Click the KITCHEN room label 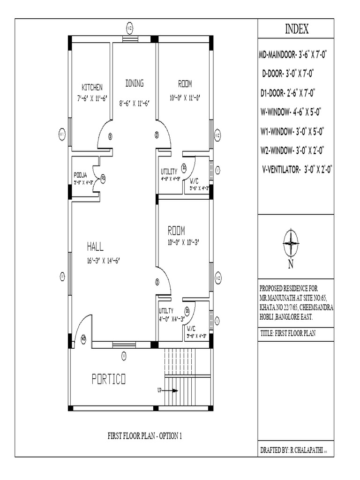pos(92,87)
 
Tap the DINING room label pos(134,83)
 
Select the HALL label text pos(95,246)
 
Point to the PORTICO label pos(109,379)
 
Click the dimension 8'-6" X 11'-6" pos(134,103)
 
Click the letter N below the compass pos(291,265)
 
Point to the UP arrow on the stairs pos(170,390)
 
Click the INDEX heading pos(297,30)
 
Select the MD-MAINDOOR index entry pos(293,55)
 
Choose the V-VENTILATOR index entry pos(297,170)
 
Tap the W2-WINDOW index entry pos(293,150)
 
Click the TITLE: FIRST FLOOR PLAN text pos(289,334)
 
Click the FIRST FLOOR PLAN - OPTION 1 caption pos(144,436)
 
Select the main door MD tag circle pos(83,338)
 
